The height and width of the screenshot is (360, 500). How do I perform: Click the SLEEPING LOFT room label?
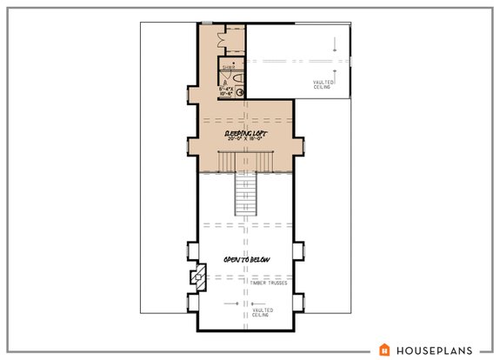point(245,131)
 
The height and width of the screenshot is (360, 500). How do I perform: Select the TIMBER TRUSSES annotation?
point(270,283)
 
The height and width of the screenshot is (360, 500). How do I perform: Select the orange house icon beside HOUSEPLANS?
point(383,349)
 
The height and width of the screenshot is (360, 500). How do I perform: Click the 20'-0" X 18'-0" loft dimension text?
point(245,138)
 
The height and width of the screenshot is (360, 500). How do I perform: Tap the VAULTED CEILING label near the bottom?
point(263,311)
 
